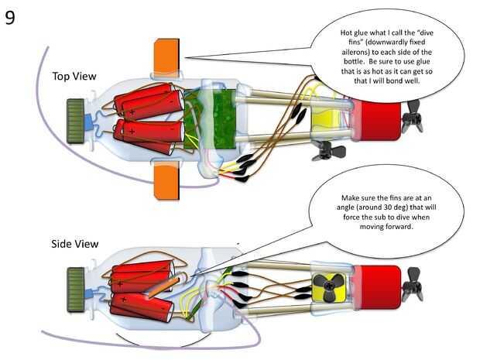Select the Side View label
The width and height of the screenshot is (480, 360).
tap(75, 243)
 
